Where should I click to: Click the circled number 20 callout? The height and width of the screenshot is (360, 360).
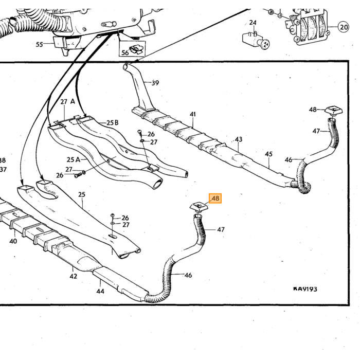click(344, 27)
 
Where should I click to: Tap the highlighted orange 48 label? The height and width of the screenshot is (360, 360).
click(215, 199)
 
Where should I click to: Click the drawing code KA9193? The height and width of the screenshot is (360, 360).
click(305, 289)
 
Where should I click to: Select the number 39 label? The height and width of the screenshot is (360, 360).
click(155, 83)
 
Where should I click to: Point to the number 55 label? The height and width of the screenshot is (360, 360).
click(39, 44)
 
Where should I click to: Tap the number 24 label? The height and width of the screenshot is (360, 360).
click(253, 23)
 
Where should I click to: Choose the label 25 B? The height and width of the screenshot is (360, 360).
click(113, 123)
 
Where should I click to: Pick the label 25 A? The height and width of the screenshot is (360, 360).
click(74, 159)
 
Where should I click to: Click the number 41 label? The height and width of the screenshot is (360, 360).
click(193, 114)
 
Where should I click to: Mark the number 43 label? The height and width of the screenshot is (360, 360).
click(239, 139)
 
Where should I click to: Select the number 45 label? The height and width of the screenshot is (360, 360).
click(268, 154)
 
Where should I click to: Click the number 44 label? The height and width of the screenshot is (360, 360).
click(100, 292)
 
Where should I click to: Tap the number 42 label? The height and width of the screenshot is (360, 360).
click(73, 276)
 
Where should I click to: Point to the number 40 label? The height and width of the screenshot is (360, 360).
click(13, 241)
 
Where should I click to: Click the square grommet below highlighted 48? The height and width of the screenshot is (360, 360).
click(199, 206)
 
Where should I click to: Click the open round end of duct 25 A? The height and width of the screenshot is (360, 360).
click(157, 184)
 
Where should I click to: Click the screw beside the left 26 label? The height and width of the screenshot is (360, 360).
click(77, 176)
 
